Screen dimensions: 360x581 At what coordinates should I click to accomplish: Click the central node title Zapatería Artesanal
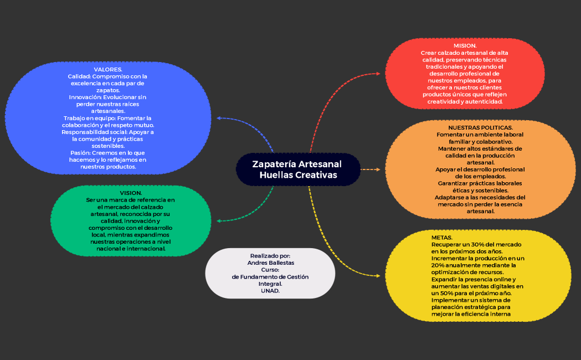(297, 164)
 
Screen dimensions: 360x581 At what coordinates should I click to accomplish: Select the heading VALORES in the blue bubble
(108, 69)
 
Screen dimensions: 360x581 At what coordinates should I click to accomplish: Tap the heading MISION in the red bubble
(465, 45)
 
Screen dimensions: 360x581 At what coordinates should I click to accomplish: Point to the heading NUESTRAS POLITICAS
(480, 127)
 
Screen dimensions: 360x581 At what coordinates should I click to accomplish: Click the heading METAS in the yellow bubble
(441, 237)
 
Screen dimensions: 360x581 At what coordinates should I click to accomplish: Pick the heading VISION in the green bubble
(131, 193)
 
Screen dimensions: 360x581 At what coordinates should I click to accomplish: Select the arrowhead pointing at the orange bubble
(378, 169)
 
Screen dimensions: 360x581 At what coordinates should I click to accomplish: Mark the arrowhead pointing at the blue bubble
(219, 118)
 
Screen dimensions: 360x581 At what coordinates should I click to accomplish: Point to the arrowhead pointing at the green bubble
(219, 220)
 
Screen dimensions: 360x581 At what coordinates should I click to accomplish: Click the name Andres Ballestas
(270, 263)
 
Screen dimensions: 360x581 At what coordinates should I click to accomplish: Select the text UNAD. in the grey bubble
(270, 290)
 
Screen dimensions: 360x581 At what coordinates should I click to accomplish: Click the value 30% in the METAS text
(479, 244)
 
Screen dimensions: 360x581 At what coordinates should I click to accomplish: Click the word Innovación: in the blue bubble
(84, 97)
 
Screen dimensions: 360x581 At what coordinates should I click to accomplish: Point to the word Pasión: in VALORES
(81, 152)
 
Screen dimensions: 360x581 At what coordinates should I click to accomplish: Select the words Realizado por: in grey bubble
(270, 256)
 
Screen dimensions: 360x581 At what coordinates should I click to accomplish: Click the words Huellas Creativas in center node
(298, 175)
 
